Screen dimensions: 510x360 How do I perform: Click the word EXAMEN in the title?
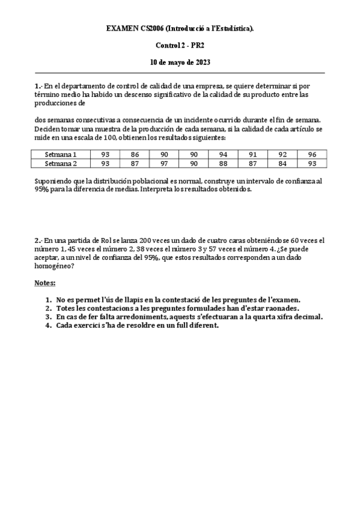[121, 28]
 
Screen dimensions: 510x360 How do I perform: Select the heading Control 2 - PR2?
[180, 45]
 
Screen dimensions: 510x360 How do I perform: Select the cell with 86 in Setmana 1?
[134, 155]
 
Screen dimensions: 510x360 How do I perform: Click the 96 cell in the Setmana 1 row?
[312, 155]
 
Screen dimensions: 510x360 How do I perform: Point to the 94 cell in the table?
[223, 155]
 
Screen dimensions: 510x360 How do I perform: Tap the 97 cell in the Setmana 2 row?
[163, 163]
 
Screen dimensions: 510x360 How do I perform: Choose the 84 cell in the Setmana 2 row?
[282, 163]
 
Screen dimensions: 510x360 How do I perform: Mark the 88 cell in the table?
[223, 163]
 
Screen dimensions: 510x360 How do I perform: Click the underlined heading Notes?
[44, 282]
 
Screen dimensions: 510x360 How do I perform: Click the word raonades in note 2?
[264, 308]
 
